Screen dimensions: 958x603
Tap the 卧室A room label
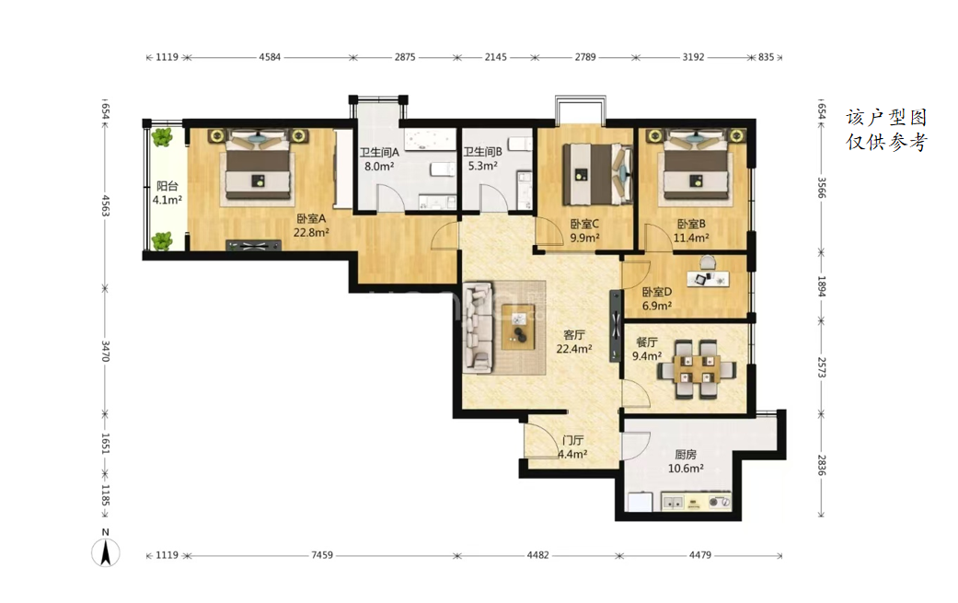point(312,218)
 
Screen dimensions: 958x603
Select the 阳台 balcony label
point(167,186)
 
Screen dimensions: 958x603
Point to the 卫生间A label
point(379,152)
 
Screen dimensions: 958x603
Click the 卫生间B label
point(482,152)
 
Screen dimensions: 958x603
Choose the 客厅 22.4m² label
point(573,342)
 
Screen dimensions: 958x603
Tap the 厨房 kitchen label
point(686,455)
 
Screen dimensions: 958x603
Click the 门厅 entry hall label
point(573,440)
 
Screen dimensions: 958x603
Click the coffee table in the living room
point(518,326)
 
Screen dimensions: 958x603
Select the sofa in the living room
point(479,327)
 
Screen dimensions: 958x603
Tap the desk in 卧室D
point(708,278)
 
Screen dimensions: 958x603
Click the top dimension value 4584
point(270,57)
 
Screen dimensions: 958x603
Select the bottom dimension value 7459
point(322,555)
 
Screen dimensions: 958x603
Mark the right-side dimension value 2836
point(821,465)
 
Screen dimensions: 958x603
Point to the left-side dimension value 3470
point(105,351)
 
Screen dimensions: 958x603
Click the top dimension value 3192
point(693,57)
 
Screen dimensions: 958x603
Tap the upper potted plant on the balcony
point(162,137)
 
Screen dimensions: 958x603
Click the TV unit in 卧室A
point(254,246)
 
